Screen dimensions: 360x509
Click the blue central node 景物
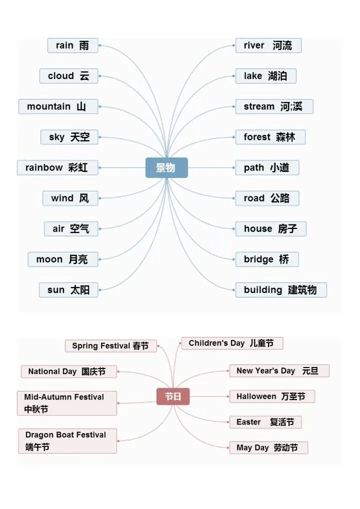click(x=166, y=168)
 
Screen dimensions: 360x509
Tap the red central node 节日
click(x=173, y=397)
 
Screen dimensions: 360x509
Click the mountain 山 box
click(x=58, y=106)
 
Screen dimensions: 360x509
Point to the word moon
click(x=49, y=259)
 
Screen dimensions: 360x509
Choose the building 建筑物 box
click(x=280, y=290)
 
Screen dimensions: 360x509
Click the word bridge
click(x=258, y=259)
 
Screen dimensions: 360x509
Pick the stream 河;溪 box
click(x=273, y=106)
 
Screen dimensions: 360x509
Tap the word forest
click(x=257, y=137)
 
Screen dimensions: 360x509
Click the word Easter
click(x=248, y=422)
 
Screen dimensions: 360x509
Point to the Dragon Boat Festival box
click(x=67, y=440)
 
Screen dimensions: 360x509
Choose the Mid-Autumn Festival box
click(x=66, y=403)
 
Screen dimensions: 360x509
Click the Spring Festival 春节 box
click(x=110, y=345)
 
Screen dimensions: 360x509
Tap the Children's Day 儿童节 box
click(x=231, y=343)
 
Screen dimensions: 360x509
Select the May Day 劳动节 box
click(x=268, y=447)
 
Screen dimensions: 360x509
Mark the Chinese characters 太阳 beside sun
click(x=80, y=290)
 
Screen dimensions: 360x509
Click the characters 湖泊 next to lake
click(x=277, y=76)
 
